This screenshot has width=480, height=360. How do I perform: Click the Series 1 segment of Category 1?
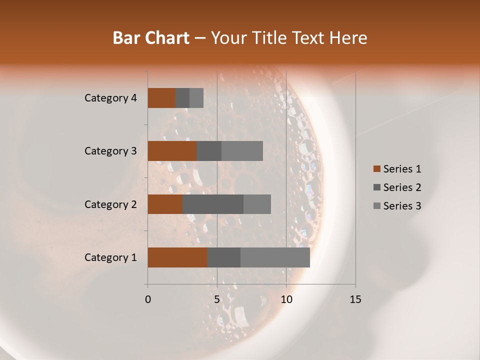coord(177,257)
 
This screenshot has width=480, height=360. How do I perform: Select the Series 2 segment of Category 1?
coord(224,257)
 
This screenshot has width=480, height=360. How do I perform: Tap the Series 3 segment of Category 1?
coord(275,257)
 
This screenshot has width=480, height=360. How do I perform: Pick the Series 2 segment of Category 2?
coord(213,204)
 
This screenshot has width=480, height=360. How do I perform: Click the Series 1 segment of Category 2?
coord(165,204)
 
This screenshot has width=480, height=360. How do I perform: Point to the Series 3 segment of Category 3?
coord(242,151)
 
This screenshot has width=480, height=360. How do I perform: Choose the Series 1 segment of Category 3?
coord(172,151)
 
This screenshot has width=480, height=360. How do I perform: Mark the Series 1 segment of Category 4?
coord(161,98)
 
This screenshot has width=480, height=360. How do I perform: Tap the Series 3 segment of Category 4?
coord(196,98)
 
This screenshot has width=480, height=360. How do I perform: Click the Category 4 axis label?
coord(110,98)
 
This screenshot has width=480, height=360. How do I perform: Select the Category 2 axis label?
coord(110,204)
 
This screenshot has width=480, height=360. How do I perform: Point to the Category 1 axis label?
coord(110,257)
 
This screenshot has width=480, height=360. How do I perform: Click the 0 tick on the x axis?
coord(148,299)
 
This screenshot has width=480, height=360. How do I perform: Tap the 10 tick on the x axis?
coord(286,299)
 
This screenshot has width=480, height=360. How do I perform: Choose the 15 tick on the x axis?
coord(355,299)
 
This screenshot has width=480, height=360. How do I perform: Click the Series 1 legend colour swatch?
coord(376,169)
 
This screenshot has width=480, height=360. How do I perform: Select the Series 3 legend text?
coord(402,206)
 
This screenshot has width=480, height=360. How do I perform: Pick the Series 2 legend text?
coord(402,187)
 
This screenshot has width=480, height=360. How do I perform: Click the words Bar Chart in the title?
coord(151,38)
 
